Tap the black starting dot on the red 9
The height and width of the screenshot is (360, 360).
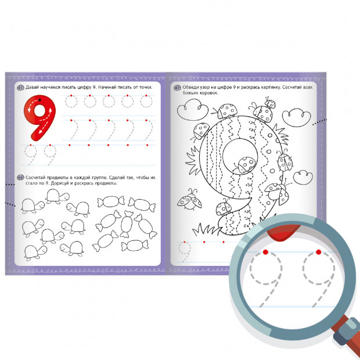point(39,100)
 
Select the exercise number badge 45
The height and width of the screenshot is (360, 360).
point(21,88)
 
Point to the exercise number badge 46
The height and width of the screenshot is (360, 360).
point(21,178)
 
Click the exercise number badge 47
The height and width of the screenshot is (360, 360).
point(177,88)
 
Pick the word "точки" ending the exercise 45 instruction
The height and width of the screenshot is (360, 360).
point(146,88)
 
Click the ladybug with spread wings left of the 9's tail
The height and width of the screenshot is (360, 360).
point(189,200)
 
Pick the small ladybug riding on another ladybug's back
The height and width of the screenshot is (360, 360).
point(270,103)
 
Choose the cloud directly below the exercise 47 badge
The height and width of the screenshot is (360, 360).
point(192,110)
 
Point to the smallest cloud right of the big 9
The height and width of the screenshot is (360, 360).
point(303,178)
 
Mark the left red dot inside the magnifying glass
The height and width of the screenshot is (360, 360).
point(265,252)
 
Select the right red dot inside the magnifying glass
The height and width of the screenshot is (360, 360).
point(318,252)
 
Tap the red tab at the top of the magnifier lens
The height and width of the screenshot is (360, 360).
point(284,232)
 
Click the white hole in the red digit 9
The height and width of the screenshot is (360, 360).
point(40,111)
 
